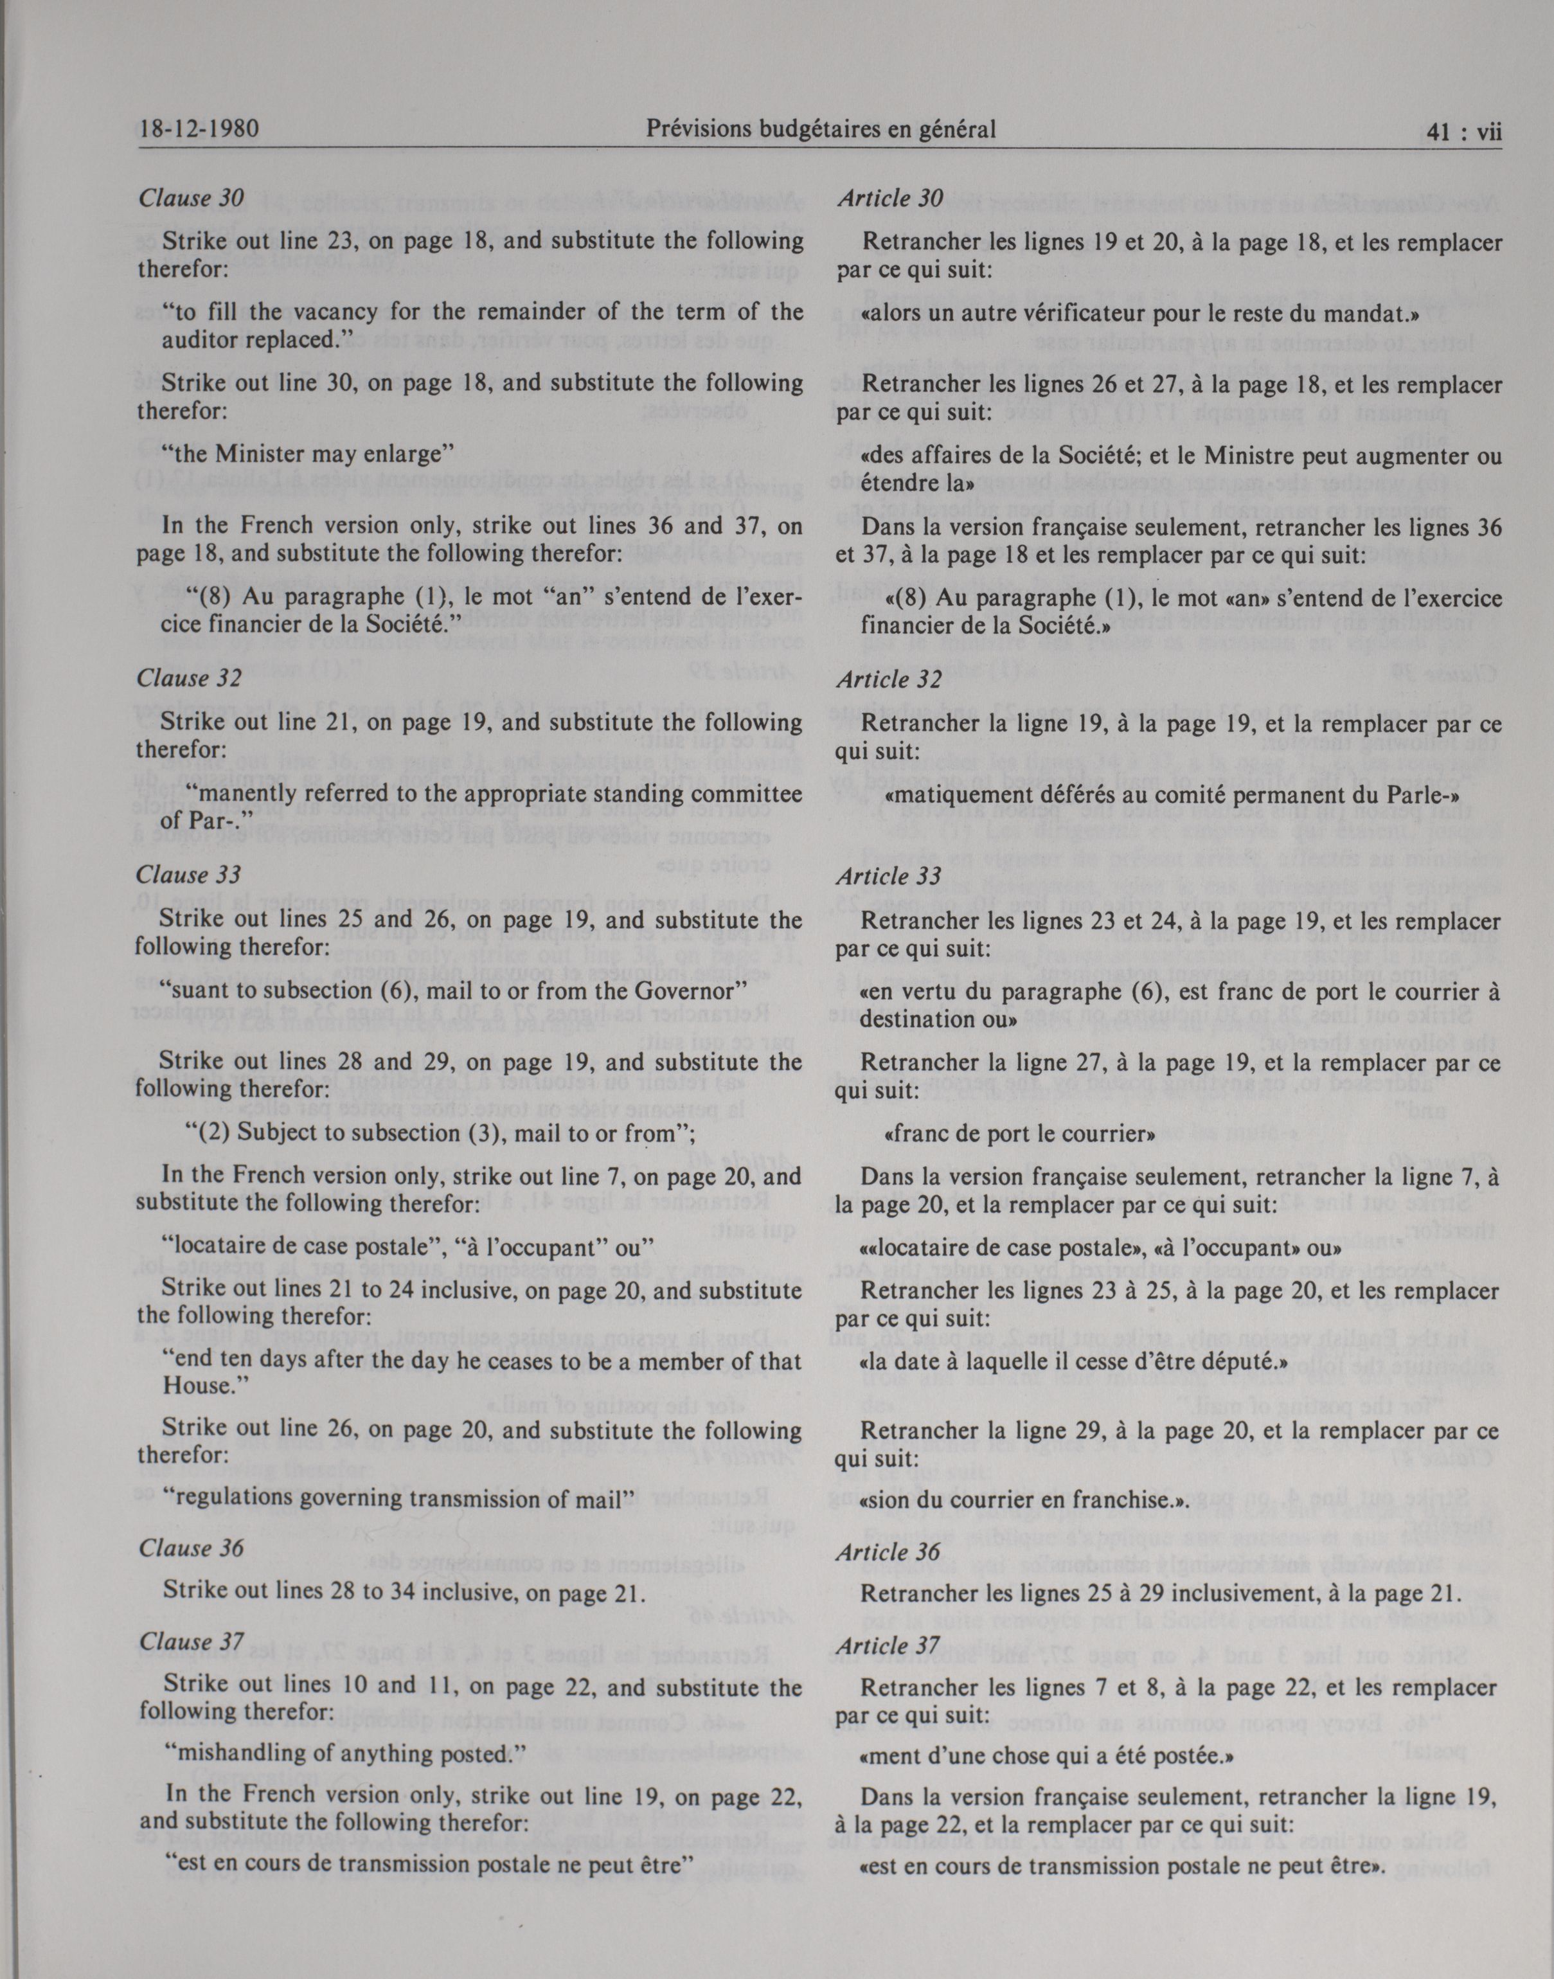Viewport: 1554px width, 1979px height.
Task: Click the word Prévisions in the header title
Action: [x=701, y=130]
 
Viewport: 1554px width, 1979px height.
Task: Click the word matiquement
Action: [x=958, y=794]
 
